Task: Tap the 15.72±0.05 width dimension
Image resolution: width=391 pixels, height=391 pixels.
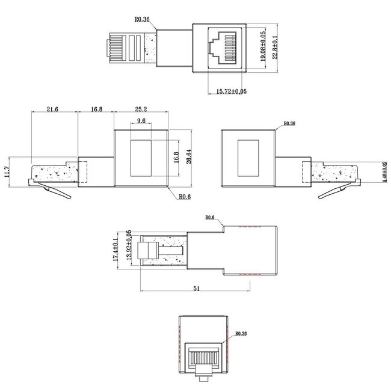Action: pyautogui.click(x=231, y=91)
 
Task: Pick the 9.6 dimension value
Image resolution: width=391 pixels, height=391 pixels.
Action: pyautogui.click(x=142, y=121)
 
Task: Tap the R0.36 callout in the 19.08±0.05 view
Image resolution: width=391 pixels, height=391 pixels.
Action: pyautogui.click(x=141, y=20)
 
